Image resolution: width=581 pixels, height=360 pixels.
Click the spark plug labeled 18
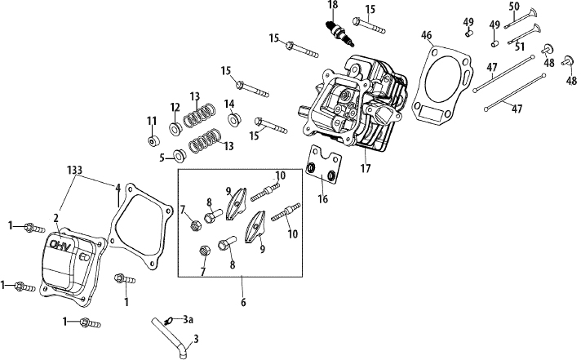[339, 34]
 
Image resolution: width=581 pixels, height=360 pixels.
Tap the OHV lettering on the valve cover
[60, 245]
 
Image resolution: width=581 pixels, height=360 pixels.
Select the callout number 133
[74, 170]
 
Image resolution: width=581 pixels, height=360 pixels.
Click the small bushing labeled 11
[153, 141]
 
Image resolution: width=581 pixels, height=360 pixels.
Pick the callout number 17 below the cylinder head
[366, 169]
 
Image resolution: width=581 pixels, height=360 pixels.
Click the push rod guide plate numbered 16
[323, 165]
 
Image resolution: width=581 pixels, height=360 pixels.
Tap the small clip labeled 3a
[170, 320]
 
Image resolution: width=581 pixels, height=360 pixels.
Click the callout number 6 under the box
[243, 303]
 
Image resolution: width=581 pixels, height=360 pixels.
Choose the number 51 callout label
[521, 47]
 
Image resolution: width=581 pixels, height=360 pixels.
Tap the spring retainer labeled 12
[175, 128]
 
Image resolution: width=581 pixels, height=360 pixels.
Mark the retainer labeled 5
[180, 156]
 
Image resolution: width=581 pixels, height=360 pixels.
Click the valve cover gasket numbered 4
[142, 226]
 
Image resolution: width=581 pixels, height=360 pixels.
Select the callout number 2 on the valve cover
[56, 218]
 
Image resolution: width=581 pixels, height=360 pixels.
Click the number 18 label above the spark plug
[333, 6]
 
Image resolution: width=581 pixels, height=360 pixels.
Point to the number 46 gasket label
[427, 35]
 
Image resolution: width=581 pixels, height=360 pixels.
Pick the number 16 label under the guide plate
[323, 199]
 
